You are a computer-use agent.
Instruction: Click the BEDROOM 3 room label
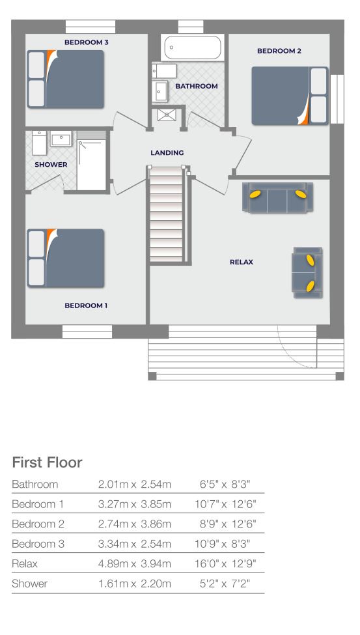86,42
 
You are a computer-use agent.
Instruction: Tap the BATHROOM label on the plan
196,86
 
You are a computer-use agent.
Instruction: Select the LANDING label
167,153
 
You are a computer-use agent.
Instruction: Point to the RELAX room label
242,262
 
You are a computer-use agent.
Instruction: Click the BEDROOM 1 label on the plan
86,305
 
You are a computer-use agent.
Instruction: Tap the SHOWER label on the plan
51,165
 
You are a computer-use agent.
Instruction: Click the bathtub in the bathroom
192,47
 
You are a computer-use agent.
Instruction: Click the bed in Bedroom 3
65,79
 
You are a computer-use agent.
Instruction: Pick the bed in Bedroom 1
65,258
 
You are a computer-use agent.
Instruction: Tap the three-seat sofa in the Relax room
277,197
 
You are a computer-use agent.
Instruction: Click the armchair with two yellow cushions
307,272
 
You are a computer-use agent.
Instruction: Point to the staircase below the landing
167,215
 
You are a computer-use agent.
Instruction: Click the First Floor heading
48,462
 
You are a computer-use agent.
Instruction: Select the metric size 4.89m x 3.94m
134,563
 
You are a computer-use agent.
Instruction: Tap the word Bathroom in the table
35,485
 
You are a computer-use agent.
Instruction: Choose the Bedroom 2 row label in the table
38,524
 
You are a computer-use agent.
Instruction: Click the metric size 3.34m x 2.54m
134,543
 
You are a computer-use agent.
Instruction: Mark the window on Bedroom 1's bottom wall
87,332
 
